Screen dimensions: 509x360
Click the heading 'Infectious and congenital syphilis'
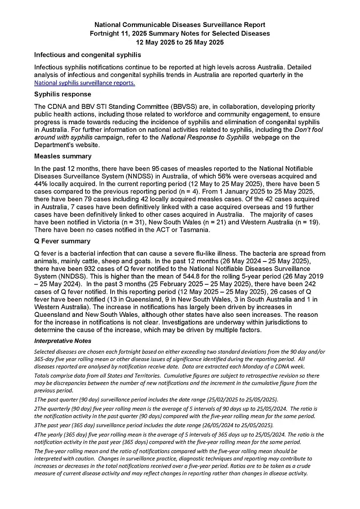[x=88, y=55]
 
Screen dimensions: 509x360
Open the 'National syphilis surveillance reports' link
[x=85, y=83]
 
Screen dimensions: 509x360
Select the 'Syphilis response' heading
[x=63, y=95]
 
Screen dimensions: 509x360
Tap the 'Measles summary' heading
[x=63, y=156]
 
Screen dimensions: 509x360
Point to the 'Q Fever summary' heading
[x=62, y=241]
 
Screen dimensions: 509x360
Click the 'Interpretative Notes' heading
[x=63, y=341]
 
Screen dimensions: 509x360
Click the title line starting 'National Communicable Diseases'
[x=180, y=25]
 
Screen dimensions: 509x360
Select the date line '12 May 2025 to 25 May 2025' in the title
[x=180, y=42]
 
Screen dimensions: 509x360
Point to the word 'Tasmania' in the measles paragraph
[x=194, y=230]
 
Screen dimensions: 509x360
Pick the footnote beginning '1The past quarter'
[x=156, y=400]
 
